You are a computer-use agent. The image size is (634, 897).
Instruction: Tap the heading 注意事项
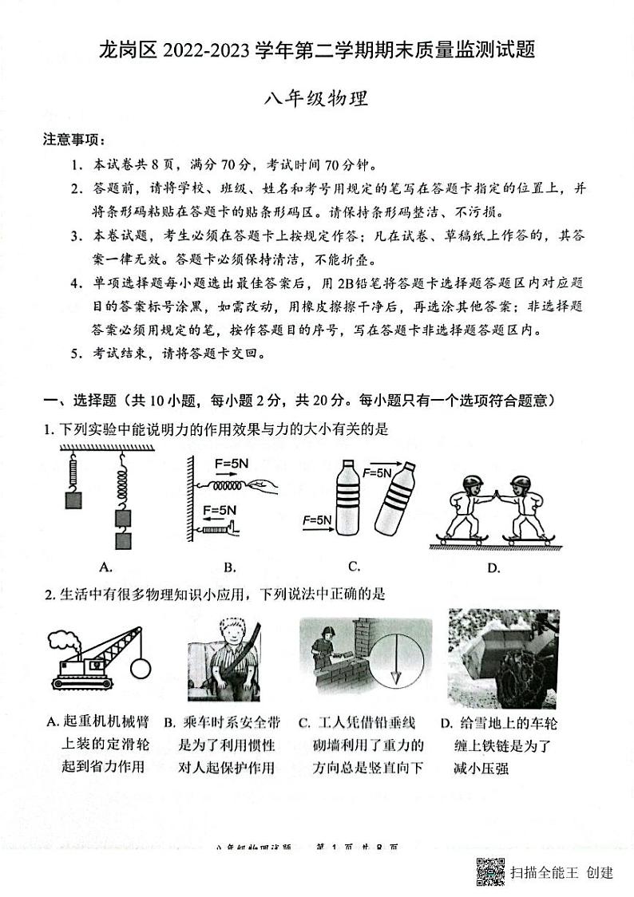point(74,140)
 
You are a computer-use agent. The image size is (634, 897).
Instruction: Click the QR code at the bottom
point(490,871)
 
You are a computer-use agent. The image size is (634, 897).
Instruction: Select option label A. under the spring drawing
point(105,567)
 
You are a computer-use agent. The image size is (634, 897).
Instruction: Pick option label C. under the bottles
point(354,567)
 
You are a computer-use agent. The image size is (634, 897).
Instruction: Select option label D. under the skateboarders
point(493,567)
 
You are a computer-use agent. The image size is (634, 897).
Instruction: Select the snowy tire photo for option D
point(503,658)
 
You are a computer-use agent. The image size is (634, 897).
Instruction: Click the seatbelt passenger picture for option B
point(226,658)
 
